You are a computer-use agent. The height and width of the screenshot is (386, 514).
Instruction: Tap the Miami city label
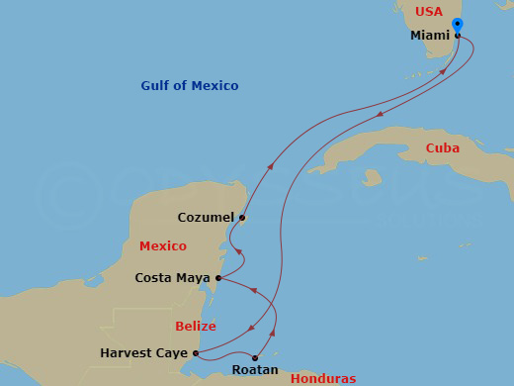coord(430,36)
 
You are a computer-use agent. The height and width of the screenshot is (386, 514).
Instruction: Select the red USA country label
coord(429,12)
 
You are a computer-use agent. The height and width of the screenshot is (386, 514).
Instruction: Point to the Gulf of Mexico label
coord(189,86)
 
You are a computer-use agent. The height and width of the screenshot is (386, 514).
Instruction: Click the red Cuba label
coord(442,148)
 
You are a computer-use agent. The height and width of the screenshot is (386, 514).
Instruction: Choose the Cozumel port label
coord(206,217)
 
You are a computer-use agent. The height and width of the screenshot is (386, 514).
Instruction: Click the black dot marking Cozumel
coord(242,218)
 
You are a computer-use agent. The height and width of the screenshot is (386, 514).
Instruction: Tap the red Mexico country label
coord(163,245)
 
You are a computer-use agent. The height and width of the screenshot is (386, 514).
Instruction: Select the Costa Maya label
coord(172,278)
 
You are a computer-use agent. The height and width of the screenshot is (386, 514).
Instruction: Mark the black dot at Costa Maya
coord(218,278)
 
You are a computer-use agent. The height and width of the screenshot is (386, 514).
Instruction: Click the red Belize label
coord(196,326)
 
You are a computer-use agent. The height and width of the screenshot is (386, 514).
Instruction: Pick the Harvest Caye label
coord(144,352)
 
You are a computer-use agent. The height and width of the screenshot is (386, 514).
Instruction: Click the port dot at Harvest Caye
coord(196,352)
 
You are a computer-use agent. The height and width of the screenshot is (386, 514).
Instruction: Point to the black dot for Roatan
coord(255,358)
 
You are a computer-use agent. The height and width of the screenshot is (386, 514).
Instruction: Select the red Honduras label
coord(322,378)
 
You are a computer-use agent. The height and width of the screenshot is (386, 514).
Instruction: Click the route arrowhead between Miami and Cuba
coord(381,114)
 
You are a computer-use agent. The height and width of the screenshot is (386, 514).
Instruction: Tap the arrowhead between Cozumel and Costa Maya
coord(237,252)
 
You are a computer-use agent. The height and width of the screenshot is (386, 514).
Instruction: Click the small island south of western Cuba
coord(372,179)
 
